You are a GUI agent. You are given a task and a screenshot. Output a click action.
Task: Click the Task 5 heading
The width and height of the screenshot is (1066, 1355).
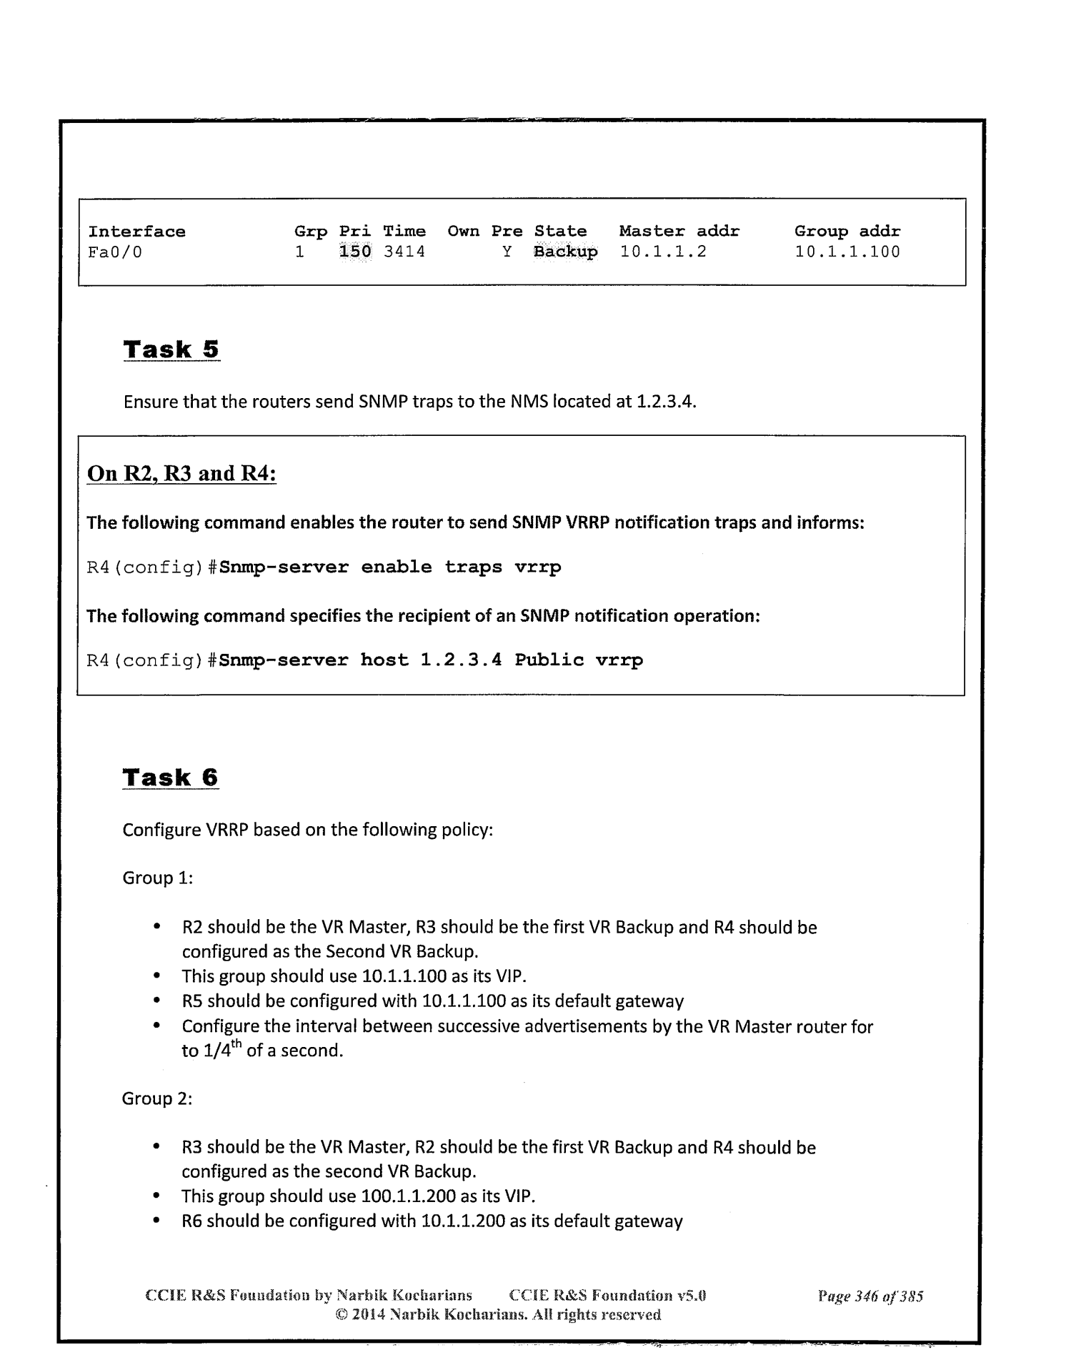[171, 349]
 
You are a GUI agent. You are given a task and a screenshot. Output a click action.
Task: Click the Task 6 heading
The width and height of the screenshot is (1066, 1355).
[171, 777]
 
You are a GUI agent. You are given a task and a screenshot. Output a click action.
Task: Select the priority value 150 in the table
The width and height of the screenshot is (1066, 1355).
[355, 252]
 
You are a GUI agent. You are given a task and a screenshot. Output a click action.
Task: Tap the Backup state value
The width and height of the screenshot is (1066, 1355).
[565, 252]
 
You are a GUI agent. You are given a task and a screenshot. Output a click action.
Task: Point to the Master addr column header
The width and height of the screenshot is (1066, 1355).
[679, 232]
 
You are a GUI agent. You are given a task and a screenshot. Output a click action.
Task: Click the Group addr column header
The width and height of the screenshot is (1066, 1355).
[847, 232]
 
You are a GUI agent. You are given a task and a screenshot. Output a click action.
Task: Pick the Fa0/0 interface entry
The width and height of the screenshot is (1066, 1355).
[115, 252]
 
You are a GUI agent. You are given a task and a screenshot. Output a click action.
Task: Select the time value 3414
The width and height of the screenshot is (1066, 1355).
[404, 252]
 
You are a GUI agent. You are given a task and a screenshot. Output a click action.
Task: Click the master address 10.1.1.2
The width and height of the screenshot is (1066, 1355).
[663, 252]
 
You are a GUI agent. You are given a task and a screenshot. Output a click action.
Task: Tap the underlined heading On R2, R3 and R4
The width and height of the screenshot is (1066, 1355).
[181, 474]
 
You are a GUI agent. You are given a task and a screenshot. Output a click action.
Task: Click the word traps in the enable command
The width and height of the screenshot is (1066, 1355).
[473, 567]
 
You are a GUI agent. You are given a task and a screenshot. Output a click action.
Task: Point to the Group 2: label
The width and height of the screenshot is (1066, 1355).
[157, 1098]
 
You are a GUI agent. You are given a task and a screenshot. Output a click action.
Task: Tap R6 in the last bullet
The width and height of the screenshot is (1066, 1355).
[192, 1221]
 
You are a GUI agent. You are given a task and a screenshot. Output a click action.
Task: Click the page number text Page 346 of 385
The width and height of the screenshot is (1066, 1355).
[870, 1296]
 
